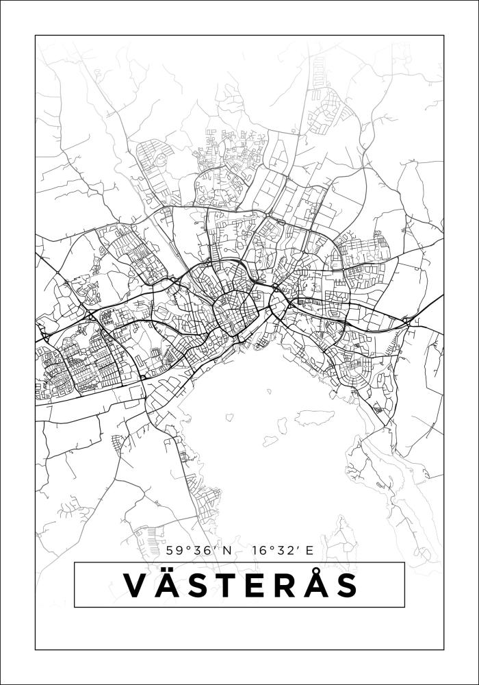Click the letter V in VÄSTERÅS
coord(136,586)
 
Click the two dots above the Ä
coord(168,571)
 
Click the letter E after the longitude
coord(309,550)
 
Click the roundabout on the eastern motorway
coord(406,320)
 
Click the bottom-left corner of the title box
coord(75,607)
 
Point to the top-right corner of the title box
coord(404,562)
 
